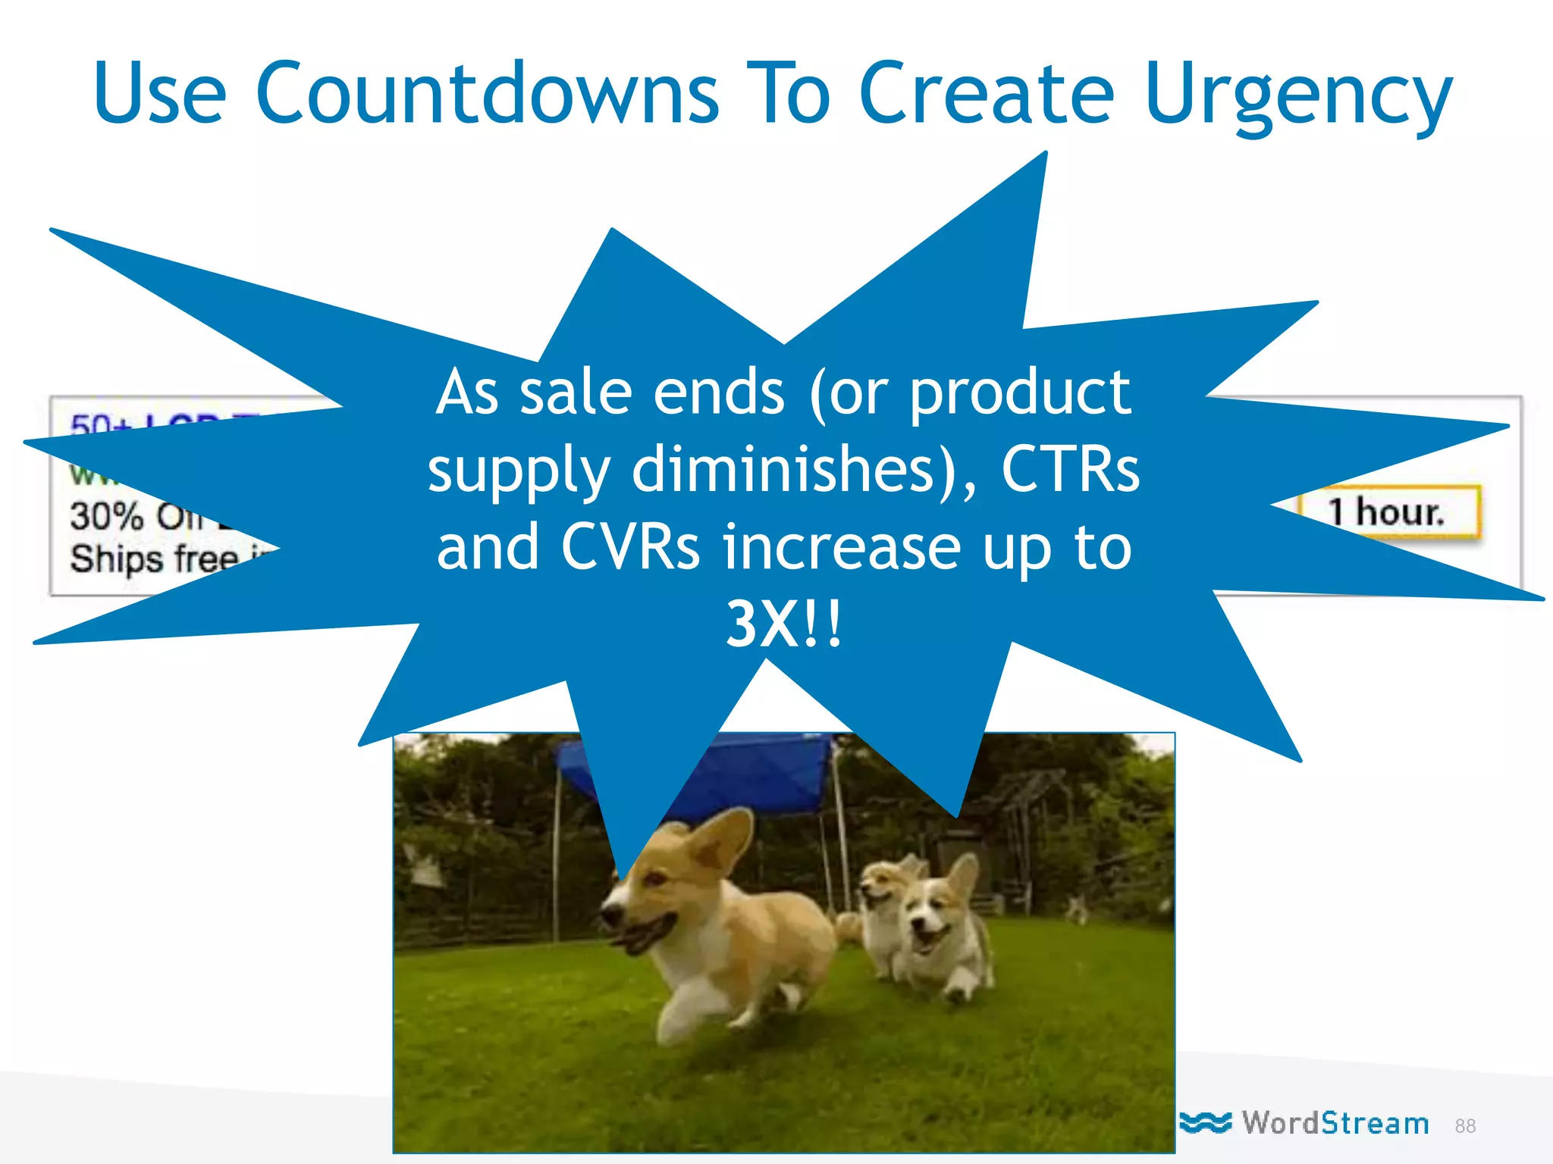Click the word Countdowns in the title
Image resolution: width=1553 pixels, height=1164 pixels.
click(487, 92)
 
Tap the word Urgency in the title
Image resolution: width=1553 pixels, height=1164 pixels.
click(1298, 97)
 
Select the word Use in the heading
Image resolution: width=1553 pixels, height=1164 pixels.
click(159, 92)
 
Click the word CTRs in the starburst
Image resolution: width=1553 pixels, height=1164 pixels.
click(1069, 470)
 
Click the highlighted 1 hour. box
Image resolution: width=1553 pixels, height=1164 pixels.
click(1388, 512)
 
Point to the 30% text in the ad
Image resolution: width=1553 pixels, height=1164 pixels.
click(106, 517)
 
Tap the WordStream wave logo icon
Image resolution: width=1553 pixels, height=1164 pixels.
click(1206, 1122)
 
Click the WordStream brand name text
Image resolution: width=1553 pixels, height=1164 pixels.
click(1335, 1123)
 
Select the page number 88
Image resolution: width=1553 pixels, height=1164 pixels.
click(1465, 1126)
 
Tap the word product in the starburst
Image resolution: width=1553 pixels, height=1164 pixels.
click(1019, 393)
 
